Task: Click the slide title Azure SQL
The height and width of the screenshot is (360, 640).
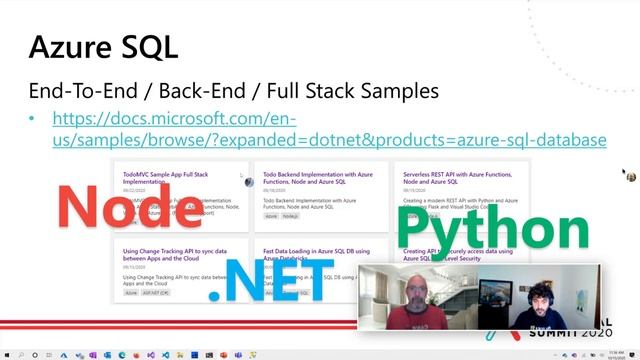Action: coord(102,46)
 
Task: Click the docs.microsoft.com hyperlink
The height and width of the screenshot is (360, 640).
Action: coord(329,129)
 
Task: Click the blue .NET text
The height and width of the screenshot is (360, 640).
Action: coord(270,281)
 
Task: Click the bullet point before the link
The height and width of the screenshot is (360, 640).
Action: coord(32,119)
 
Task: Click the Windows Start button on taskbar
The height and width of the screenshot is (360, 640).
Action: coord(7,354)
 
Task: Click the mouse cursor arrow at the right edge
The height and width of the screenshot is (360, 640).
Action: coord(623,172)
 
